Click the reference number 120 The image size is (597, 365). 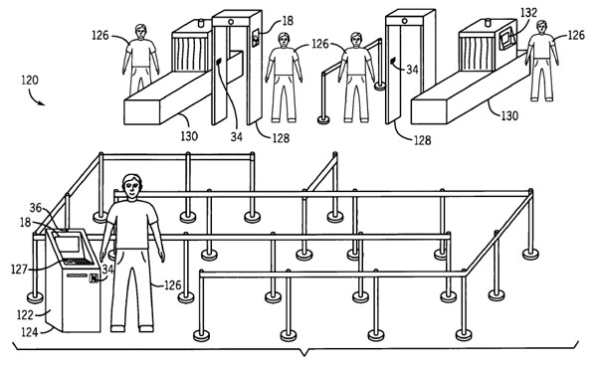click(x=30, y=81)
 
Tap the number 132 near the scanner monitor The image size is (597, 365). click(x=528, y=13)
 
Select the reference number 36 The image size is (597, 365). click(x=36, y=208)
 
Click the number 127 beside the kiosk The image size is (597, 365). click(x=19, y=270)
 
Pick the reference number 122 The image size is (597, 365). click(x=25, y=315)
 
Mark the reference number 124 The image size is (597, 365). click(x=29, y=332)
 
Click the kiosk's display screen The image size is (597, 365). click(x=68, y=244)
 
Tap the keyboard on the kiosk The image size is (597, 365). click(x=79, y=262)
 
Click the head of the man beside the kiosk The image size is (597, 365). click(x=131, y=187)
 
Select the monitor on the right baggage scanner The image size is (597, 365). click(x=506, y=39)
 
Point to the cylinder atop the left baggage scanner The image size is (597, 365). click(x=201, y=23)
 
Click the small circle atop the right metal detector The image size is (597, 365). click(x=404, y=21)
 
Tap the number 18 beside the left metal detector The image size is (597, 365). click(x=288, y=21)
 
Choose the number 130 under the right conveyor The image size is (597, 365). click(x=509, y=115)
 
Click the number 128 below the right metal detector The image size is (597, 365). click(x=422, y=140)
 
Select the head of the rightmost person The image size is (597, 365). click(x=541, y=27)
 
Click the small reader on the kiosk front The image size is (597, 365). click(x=93, y=278)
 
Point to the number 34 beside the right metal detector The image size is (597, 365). click(x=412, y=70)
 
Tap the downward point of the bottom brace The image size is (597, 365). click(x=303, y=355)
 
